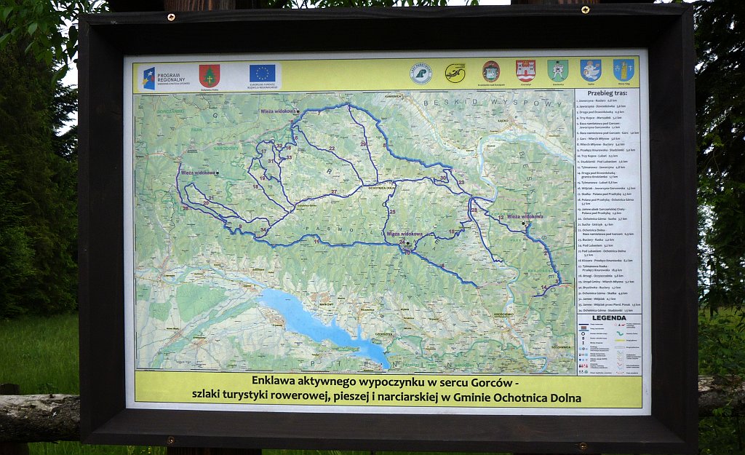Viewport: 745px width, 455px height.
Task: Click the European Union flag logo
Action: [262, 73]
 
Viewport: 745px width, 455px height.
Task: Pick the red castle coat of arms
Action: [525, 71]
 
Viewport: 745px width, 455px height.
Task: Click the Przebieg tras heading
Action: [608, 92]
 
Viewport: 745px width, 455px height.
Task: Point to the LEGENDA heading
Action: [608, 318]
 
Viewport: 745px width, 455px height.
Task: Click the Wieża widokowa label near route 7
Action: [279, 111]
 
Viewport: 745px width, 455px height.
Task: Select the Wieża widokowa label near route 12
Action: [525, 216]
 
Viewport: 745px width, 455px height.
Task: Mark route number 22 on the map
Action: [331, 149]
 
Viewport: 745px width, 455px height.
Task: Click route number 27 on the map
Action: [333, 192]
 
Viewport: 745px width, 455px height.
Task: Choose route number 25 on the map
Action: [392, 212]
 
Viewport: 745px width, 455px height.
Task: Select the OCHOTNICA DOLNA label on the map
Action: [381, 188]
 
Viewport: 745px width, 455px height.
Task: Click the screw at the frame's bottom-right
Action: [581, 445]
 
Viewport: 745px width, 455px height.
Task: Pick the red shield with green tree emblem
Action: [210, 75]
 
